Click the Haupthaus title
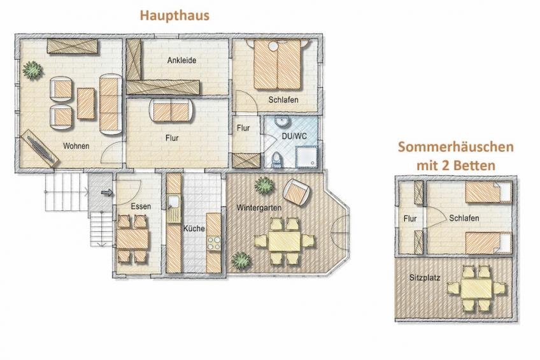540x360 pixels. coord(174,15)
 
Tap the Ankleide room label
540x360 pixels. coord(181,61)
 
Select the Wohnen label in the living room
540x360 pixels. coord(76,146)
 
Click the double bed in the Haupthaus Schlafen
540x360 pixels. coord(277,64)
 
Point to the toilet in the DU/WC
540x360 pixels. coord(276,159)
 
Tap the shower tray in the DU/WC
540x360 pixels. coord(306,157)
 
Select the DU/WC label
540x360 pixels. coord(294,136)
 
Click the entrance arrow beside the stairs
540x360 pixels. coord(107,192)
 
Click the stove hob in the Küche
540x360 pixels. coord(213,243)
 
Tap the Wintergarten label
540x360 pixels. coord(259,208)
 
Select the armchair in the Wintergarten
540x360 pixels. coord(296,192)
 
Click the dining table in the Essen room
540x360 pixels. coord(132,239)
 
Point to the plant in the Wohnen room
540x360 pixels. coord(32,70)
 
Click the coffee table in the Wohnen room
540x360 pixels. coord(86,103)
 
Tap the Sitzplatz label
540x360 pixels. coord(425,278)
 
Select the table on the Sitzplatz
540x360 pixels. coord(476,289)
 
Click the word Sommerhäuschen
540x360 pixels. coord(456,147)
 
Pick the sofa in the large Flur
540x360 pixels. coord(171,111)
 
